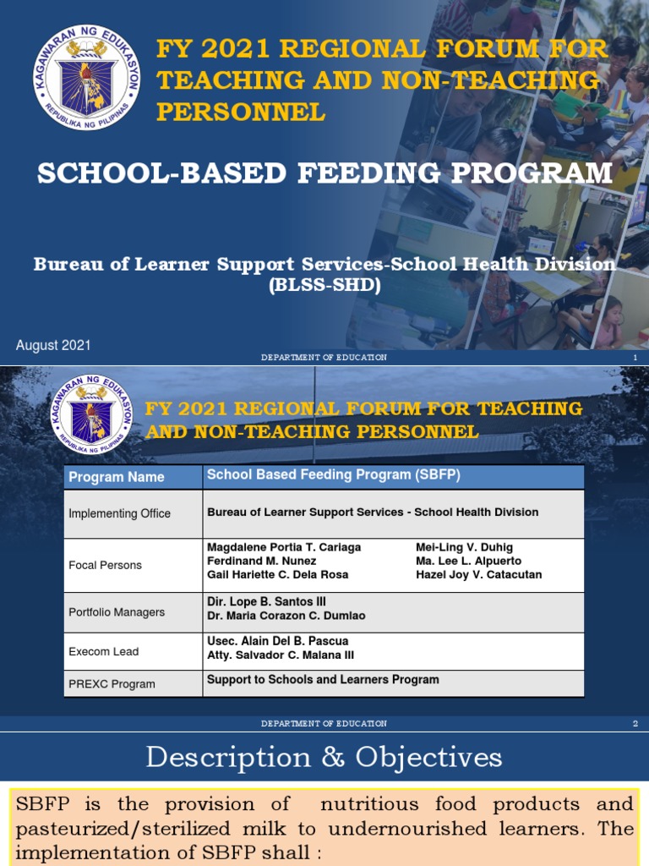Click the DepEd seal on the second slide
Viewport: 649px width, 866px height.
(91, 414)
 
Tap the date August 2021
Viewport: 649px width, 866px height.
(53, 345)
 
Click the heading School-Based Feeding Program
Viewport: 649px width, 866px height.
(324, 173)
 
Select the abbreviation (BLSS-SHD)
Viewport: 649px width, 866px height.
(324, 285)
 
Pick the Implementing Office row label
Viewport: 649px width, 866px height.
(119, 513)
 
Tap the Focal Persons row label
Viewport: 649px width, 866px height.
(105, 565)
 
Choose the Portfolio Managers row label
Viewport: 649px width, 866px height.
(117, 611)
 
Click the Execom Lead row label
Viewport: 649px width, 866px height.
(103, 651)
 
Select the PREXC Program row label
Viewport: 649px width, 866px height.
(112, 683)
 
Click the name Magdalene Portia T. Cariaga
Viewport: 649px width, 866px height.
(284, 547)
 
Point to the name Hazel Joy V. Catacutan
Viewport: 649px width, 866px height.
(478, 574)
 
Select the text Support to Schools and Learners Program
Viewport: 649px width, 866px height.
(323, 679)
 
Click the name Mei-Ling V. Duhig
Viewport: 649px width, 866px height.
(464, 547)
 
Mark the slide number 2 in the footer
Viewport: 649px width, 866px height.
(635, 724)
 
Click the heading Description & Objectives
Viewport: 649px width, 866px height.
(324, 757)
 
